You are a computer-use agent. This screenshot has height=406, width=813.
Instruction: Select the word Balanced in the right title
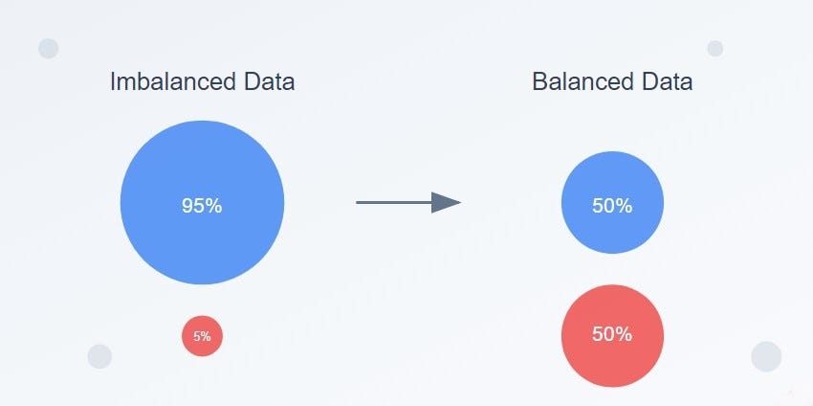pyautogui.click(x=585, y=82)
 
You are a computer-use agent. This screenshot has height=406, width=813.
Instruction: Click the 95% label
pyautogui.click(x=202, y=205)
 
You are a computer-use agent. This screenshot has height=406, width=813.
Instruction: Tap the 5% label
pyautogui.click(x=203, y=336)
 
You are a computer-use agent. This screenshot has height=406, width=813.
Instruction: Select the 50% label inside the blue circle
pyautogui.click(x=612, y=205)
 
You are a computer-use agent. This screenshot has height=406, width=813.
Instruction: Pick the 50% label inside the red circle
pyautogui.click(x=612, y=335)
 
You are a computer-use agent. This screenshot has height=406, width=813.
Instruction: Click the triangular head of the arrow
pyautogui.click(x=445, y=202)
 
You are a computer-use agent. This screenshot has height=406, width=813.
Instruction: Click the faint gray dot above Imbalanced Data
pyautogui.click(x=49, y=49)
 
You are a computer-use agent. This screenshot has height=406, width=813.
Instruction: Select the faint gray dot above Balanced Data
pyautogui.click(x=714, y=48)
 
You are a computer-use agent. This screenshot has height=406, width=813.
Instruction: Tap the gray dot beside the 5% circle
pyautogui.click(x=99, y=356)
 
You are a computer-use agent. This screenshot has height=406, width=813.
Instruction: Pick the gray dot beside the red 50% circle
pyautogui.click(x=766, y=355)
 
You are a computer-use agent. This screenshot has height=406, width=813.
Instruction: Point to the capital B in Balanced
pyautogui.click(x=539, y=82)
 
